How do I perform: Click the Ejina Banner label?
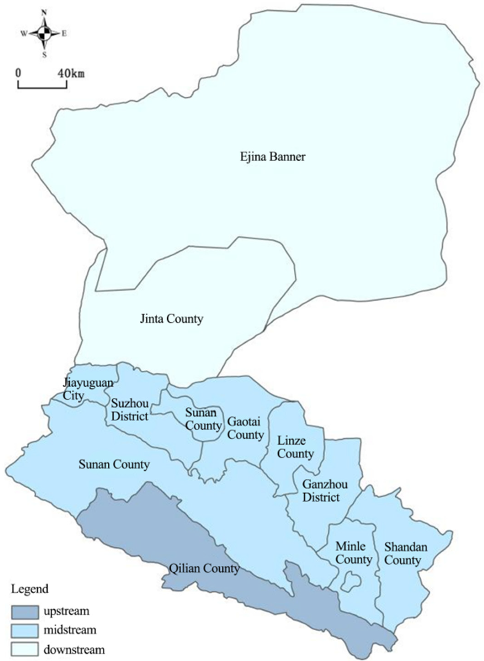click(272, 157)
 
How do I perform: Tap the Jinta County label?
click(171, 319)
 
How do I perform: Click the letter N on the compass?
click(45, 12)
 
